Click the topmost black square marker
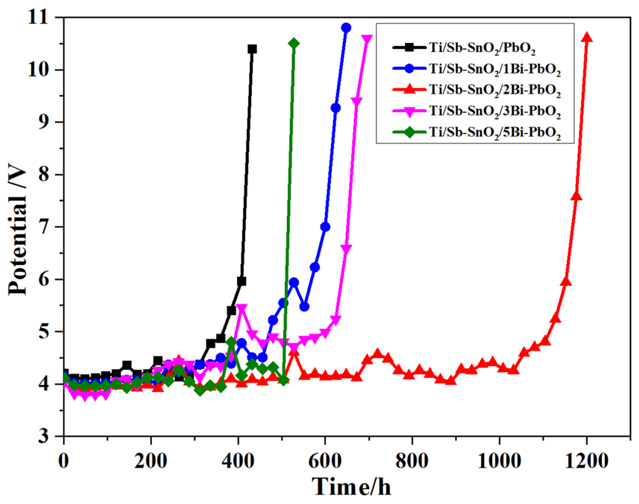click(252, 49)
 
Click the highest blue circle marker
click(346, 28)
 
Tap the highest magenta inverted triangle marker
click(367, 39)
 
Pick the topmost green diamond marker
click(294, 43)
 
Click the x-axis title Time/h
click(351, 486)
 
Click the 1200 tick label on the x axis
click(586, 461)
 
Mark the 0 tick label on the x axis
click(64, 461)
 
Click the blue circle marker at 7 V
click(325, 227)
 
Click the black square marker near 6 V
click(242, 281)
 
